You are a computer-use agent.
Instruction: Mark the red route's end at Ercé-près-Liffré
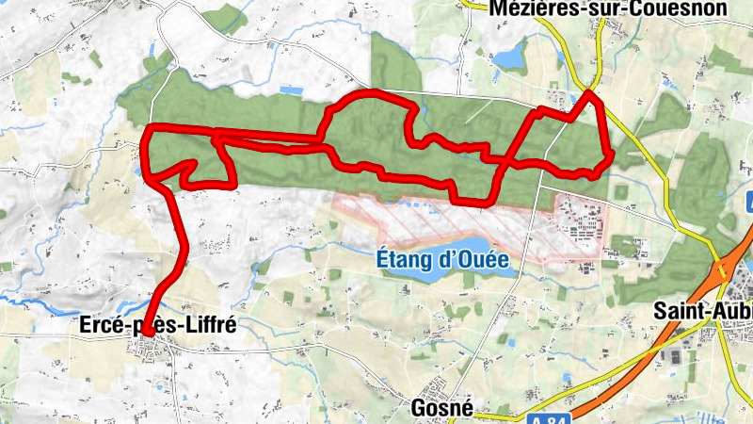[148, 331]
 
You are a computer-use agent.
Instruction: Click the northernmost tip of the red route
[589, 93]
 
